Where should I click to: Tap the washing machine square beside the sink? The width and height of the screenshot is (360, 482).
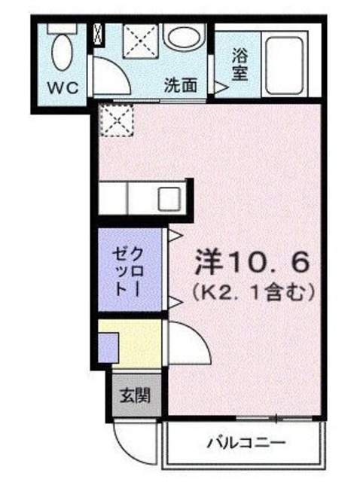pos(139,42)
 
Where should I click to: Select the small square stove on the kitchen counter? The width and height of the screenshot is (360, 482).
pos(167,200)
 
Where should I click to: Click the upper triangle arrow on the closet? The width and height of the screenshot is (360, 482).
pos(172,236)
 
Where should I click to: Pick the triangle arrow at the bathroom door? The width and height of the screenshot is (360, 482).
pos(221,89)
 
